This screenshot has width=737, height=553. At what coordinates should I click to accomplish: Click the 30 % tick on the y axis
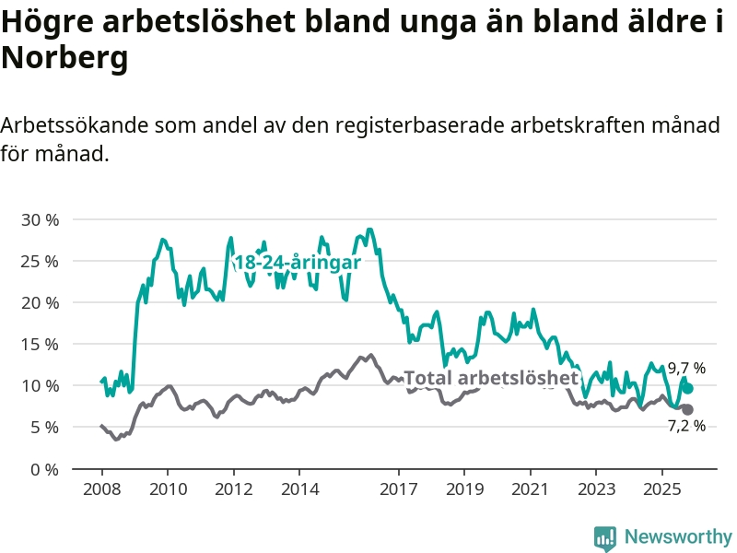pyautogui.click(x=40, y=219)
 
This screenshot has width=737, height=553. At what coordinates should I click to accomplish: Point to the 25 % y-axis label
pyautogui.click(x=40, y=261)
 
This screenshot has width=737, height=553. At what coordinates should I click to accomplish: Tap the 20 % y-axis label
pyautogui.click(x=40, y=302)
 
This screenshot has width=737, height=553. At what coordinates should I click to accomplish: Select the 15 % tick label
pyautogui.click(x=40, y=344)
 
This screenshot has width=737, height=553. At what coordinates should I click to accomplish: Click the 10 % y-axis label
pyautogui.click(x=40, y=385)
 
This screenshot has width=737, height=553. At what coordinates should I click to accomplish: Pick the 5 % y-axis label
pyautogui.click(x=43, y=427)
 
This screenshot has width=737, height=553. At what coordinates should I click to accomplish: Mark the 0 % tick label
pyautogui.click(x=43, y=468)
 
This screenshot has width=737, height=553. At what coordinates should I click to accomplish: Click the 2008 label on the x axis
pyautogui.click(x=101, y=488)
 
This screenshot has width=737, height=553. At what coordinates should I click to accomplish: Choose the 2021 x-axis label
pyautogui.click(x=531, y=488)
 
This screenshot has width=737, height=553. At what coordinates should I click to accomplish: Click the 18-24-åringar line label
pyautogui.click(x=297, y=263)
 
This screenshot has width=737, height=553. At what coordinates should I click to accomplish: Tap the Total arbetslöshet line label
pyautogui.click(x=491, y=378)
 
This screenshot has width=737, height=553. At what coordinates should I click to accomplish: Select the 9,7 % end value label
pyautogui.click(x=686, y=368)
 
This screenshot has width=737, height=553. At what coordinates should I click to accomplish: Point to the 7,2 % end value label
pyautogui.click(x=686, y=426)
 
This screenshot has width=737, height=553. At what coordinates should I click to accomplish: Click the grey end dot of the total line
pyautogui.click(x=687, y=409)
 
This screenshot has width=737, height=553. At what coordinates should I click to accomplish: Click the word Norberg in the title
pyautogui.click(x=64, y=59)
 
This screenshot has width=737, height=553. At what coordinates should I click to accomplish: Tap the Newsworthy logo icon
pyautogui.click(x=605, y=536)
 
